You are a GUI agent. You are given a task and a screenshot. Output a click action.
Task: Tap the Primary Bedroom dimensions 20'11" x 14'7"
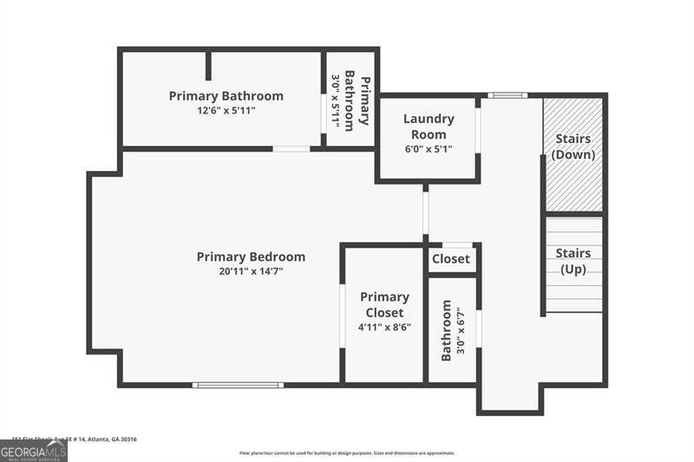(x=251, y=271)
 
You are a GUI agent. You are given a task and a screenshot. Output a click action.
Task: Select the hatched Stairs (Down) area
(x=573, y=154)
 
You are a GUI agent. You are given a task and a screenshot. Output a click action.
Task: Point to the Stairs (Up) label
(x=573, y=261)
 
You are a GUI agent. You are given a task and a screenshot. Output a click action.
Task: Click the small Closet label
(x=451, y=258)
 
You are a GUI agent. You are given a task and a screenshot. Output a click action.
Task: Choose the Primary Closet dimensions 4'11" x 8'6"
(x=384, y=327)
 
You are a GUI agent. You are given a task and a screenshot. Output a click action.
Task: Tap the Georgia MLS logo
(x=33, y=451)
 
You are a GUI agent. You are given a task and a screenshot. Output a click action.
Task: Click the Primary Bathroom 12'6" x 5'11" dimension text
(x=226, y=110)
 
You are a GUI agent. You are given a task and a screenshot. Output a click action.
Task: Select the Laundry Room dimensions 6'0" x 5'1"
(x=429, y=149)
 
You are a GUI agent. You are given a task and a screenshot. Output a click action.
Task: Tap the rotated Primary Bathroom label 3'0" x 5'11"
(x=350, y=100)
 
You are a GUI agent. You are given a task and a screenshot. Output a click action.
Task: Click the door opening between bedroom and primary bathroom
(x=291, y=149)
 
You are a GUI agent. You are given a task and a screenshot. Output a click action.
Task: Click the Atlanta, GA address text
(x=75, y=439)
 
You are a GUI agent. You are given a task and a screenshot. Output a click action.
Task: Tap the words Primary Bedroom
(x=251, y=257)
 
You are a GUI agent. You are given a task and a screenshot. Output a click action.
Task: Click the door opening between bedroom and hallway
(x=425, y=211)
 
